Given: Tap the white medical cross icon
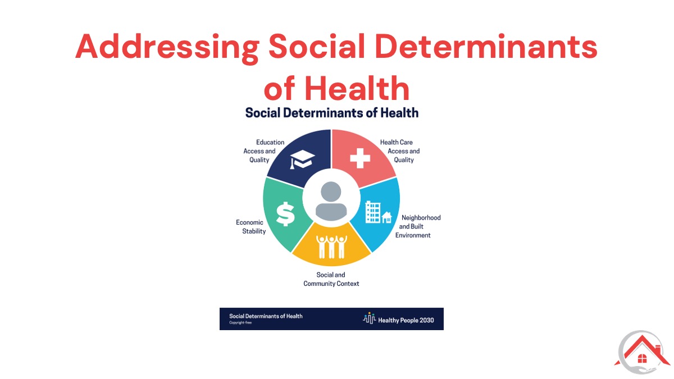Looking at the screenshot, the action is tap(360, 158).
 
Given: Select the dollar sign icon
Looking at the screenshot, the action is tap(285, 214).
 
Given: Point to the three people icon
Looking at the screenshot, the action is tap(331, 247).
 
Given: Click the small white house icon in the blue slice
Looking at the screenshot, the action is tap(386, 217).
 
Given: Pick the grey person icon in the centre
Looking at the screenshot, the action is tap(331, 201).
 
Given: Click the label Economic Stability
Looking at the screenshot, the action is tap(251, 227).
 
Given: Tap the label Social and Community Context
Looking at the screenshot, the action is tap(331, 279).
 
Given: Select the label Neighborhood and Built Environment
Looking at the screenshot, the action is tap(418, 226).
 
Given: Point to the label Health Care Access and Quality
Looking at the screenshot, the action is tap(400, 151).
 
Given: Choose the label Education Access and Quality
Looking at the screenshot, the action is tap(263, 151).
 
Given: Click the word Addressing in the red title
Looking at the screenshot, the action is tap(167, 48).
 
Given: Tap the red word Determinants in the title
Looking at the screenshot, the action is tap(486, 46).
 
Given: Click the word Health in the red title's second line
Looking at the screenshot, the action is tap(357, 88).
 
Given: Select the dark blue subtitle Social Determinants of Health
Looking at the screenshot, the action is tap(331, 113).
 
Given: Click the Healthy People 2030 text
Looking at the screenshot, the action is tap(406, 321).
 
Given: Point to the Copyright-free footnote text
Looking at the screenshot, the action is tap(240, 323).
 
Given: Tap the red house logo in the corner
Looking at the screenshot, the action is tap(642, 352).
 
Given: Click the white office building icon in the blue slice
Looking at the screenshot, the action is tap(373, 212).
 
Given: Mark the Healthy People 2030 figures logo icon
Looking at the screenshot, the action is tap(369, 318).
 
